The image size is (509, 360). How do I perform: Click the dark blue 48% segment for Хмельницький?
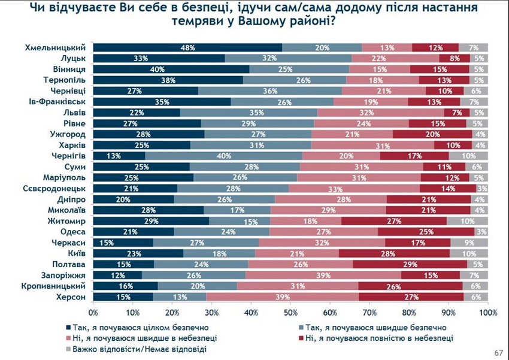(188, 47)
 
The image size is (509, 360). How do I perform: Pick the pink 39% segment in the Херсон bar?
(282, 297)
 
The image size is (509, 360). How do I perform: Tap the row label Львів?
(75, 113)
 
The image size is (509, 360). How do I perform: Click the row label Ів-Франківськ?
(60, 102)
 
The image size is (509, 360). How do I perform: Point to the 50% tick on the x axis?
(291, 312)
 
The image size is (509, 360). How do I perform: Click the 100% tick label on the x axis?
(487, 313)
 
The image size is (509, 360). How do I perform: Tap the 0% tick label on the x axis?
(93, 313)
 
